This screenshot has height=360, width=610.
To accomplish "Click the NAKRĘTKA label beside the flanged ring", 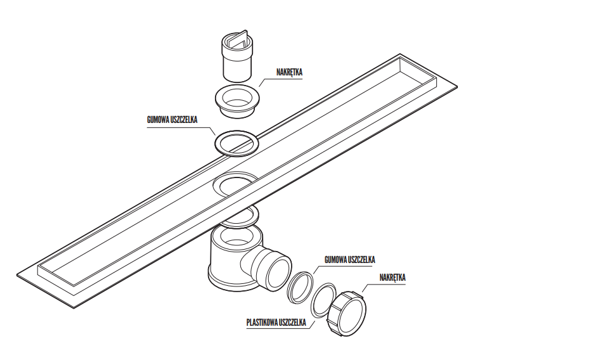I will (289, 73).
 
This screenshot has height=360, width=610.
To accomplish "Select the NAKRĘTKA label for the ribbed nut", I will (393, 278).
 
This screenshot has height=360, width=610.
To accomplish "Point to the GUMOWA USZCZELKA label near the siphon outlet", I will (349, 260).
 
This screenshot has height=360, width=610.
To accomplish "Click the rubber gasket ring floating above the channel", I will (236, 143).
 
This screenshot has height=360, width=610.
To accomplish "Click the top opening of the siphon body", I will (235, 238).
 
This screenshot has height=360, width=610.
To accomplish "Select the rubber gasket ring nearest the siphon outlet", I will (301, 286).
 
